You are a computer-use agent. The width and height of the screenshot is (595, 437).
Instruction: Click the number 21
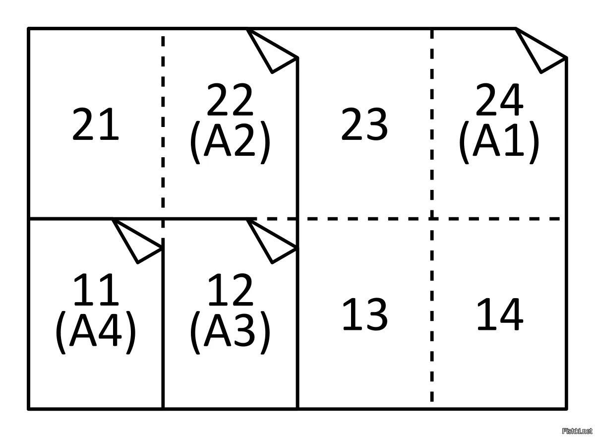click(96, 125)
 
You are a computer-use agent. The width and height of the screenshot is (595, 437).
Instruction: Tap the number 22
click(230, 101)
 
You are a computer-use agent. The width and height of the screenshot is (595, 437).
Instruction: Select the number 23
click(364, 125)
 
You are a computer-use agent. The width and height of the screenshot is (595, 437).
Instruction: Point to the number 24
click(499, 101)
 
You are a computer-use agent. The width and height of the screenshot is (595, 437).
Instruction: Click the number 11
click(96, 291)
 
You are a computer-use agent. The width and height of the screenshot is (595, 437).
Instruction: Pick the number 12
click(230, 291)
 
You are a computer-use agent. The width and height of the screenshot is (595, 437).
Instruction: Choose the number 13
click(364, 314)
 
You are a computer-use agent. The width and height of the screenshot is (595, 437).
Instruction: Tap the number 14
click(499, 314)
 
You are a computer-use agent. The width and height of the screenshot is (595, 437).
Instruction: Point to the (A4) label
click(96, 333)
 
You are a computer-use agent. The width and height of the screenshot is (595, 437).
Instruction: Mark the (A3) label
click(230, 333)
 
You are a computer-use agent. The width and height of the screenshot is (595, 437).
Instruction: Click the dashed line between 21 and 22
click(163, 124)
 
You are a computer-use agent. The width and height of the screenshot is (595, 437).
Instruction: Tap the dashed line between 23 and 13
click(364, 218)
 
